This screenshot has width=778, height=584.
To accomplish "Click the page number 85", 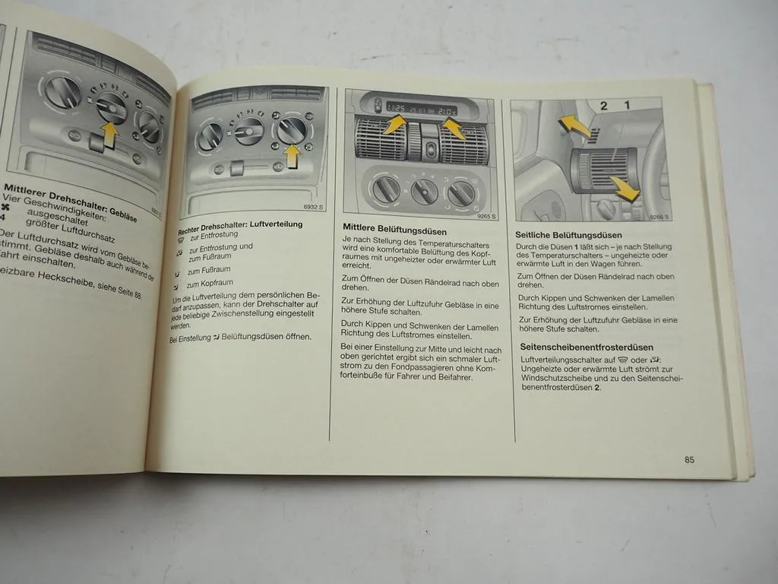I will [689, 459].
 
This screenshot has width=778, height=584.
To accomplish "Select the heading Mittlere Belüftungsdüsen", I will [394, 229].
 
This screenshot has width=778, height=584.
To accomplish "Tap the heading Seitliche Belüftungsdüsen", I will [568, 236].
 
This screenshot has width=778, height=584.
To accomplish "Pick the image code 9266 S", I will [659, 217].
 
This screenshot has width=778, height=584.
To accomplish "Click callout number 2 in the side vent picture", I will [604, 106].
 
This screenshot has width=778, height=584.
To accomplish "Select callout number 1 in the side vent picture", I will [627, 106].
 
